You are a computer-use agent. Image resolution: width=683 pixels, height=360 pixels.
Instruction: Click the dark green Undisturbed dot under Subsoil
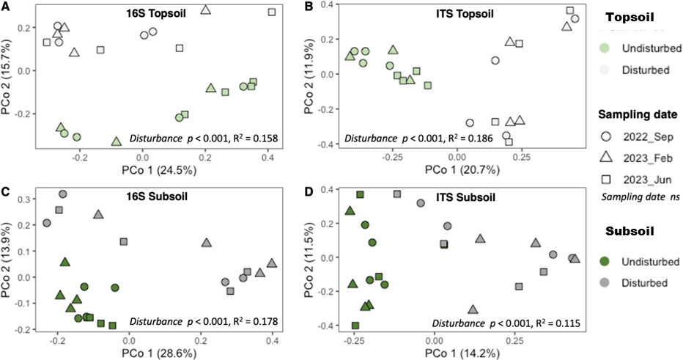[x=605, y=261]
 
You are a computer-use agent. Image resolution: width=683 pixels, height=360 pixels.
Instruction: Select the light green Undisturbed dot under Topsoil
[x=605, y=48]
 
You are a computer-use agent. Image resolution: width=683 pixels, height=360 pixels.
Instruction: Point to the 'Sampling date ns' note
[x=635, y=196]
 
